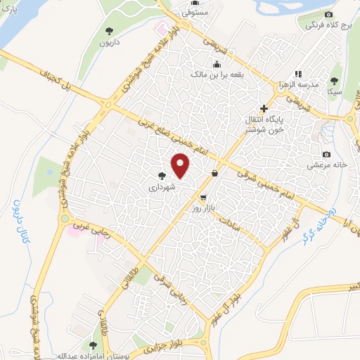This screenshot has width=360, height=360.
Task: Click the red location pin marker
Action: pos(181,166)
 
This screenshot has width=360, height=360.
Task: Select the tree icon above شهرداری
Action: pos(162,176)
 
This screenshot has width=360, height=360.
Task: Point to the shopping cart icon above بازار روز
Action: pos(203,198)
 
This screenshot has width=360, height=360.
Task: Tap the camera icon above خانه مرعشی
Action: pos(326,154)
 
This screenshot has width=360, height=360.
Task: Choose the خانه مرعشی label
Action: pos(326,165)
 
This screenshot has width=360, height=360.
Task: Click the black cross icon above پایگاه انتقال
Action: pos(264,108)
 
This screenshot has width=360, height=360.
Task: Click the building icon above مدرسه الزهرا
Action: pos(298,73)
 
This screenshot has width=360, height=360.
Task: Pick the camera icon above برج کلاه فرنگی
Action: pos(328,15)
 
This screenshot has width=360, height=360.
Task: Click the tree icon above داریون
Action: pos(108,30)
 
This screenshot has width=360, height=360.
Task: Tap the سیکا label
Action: pos(335,91)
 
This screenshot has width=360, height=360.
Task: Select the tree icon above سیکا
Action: pos(335,80)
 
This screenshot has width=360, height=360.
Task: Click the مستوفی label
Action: pos(194,13)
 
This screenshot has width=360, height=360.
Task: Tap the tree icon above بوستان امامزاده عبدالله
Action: pos(93,345)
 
